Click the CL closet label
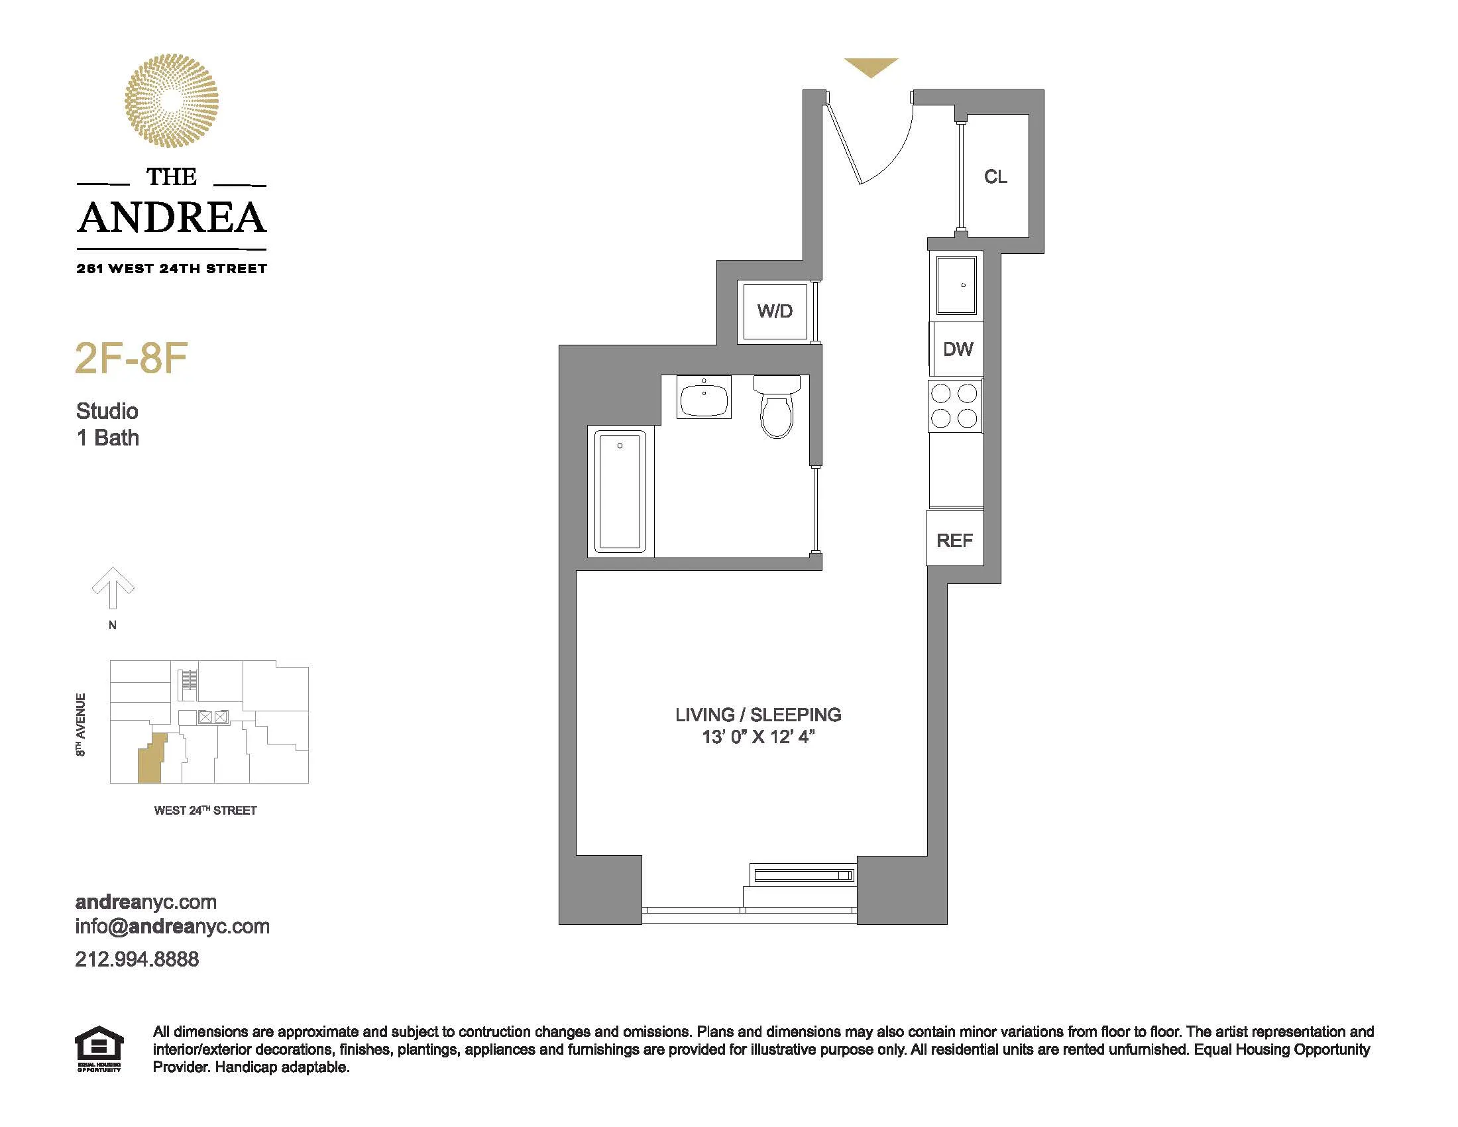click(995, 177)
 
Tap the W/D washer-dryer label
click(774, 311)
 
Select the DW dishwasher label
click(958, 349)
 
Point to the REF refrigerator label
click(954, 540)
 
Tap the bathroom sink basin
click(704, 398)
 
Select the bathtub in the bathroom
click(620, 492)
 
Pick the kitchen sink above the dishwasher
click(956, 285)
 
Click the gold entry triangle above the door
click(871, 66)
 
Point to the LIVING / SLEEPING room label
click(757, 715)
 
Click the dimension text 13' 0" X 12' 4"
click(757, 737)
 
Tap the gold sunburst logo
click(172, 101)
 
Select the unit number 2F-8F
click(131, 359)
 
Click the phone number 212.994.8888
click(137, 959)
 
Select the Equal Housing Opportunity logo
click(99, 1049)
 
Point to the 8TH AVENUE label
click(81, 725)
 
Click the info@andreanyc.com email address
click(172, 927)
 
